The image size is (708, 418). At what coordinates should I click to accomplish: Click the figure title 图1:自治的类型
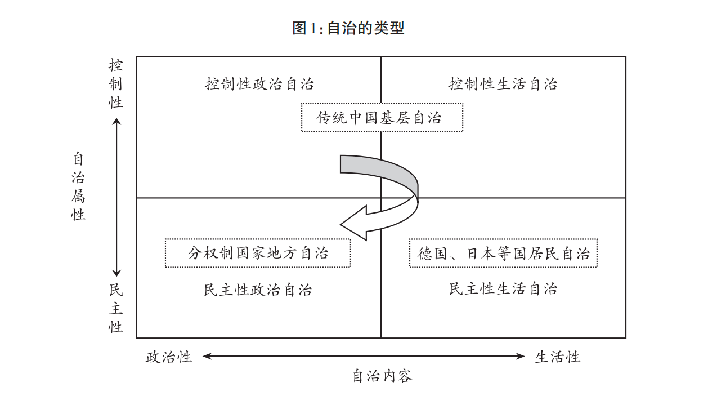348,28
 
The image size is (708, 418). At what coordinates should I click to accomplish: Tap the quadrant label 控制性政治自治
259,85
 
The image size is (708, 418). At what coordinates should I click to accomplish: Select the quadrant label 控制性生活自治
503,85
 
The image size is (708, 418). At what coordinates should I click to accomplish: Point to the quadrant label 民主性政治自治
258,290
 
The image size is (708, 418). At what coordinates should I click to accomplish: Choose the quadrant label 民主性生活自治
503,289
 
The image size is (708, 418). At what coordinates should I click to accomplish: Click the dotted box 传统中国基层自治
382,118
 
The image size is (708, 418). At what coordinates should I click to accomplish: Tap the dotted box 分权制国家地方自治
258,253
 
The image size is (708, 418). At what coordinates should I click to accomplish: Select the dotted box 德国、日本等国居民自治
503,253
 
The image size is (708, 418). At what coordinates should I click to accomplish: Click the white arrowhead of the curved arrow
355,222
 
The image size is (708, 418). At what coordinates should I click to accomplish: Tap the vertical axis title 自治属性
78,186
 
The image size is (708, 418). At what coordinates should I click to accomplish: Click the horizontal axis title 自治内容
382,376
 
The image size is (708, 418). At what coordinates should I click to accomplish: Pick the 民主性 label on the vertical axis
116,309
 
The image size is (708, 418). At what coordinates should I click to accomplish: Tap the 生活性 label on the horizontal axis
557,357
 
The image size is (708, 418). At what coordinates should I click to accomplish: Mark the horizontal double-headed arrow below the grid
364,356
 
